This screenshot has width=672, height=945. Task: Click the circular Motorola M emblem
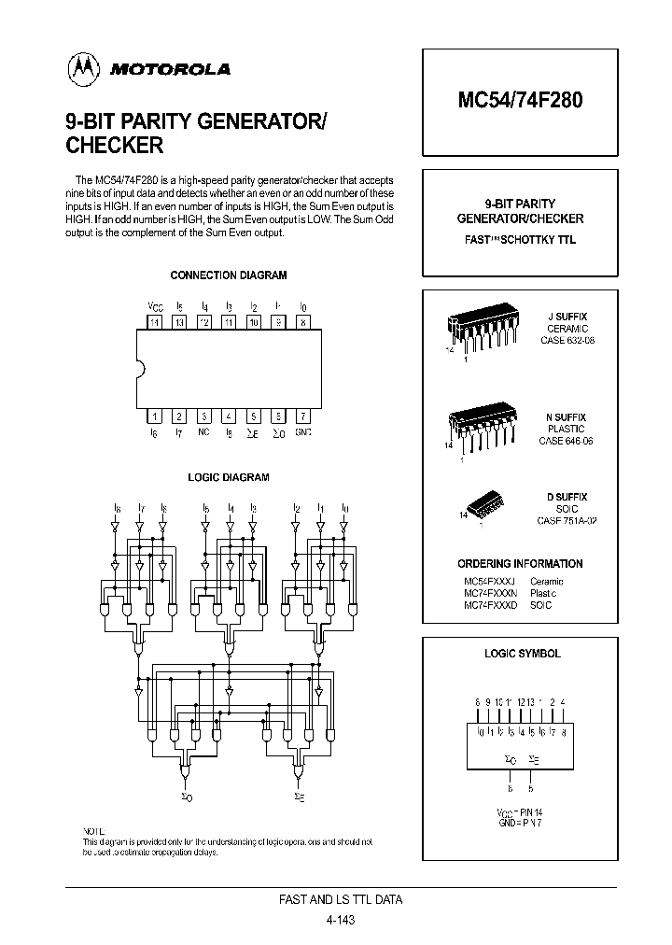click(82, 67)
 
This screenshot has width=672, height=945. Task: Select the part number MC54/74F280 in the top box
click(519, 101)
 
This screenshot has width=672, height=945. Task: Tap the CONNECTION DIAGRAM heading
click(229, 275)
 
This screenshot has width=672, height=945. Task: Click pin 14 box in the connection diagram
click(154, 322)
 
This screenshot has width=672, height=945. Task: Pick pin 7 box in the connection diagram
click(302, 416)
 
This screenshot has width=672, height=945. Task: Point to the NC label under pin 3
click(203, 433)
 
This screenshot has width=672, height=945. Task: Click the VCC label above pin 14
click(154, 306)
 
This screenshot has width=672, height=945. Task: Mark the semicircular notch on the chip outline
click(141, 369)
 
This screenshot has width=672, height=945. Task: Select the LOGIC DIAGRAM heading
click(229, 477)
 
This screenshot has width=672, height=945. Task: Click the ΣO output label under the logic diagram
click(187, 797)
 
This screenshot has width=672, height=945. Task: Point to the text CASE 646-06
click(567, 441)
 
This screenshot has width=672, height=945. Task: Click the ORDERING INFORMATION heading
click(520, 564)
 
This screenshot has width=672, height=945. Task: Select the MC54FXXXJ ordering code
click(488, 581)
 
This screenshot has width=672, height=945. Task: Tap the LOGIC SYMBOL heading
click(522, 654)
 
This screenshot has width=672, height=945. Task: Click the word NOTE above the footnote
click(95, 831)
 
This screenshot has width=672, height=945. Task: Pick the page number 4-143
click(342, 920)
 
